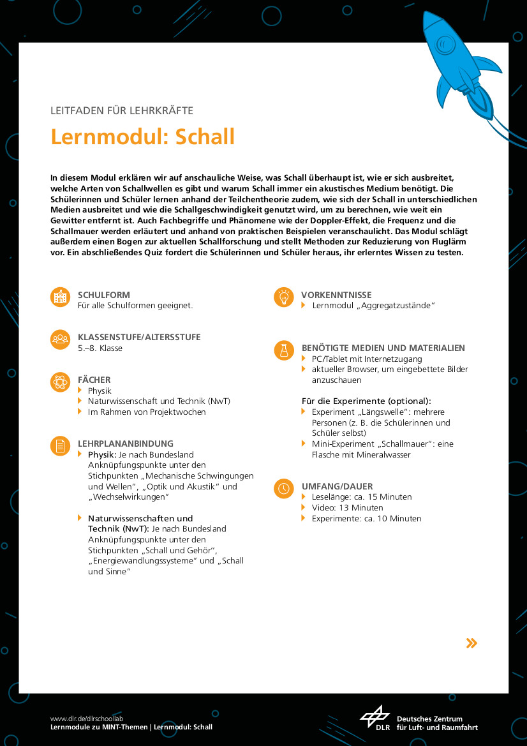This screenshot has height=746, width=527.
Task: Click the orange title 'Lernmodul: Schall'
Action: click(143, 137)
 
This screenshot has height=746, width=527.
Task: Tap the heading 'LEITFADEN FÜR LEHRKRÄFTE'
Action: click(122, 110)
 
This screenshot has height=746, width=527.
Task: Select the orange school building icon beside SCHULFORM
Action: click(60, 297)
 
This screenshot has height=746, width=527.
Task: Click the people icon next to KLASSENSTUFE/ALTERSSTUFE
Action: click(60, 339)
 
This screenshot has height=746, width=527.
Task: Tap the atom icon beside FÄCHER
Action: click(60, 382)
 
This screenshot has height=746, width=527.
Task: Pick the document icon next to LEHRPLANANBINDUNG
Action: click(60, 446)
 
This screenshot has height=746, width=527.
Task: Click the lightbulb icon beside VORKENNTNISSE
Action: click(283, 297)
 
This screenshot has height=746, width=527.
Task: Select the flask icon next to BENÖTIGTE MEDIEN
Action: click(283, 350)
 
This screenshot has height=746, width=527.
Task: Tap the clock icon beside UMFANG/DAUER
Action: click(283, 489)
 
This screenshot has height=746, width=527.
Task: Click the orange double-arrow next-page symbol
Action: click(471, 643)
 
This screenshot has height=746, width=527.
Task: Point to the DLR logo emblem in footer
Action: click(375, 717)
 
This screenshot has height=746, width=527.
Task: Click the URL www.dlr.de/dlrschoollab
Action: click(82, 718)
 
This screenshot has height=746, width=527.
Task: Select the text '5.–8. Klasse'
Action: click(100, 348)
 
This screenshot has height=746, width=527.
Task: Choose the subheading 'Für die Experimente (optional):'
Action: click(366, 401)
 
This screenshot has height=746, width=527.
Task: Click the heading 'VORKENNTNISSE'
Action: click(336, 295)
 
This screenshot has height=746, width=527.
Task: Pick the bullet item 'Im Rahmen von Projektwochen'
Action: click(147, 412)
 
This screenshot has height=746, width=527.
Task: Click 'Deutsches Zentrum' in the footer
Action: click(429, 719)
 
